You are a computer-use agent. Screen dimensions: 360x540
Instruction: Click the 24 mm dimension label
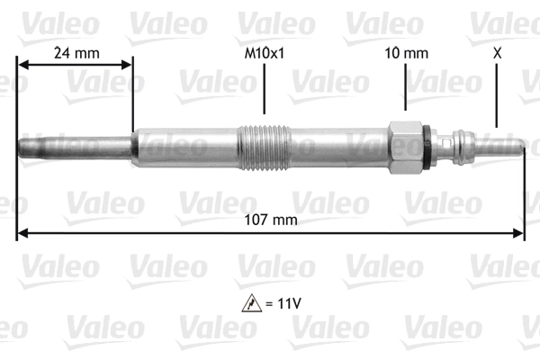(76, 53)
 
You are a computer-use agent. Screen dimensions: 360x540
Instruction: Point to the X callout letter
(497, 53)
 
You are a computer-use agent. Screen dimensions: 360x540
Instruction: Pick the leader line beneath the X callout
(497, 94)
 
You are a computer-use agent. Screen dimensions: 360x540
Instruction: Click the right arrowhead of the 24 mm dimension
(127, 63)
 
